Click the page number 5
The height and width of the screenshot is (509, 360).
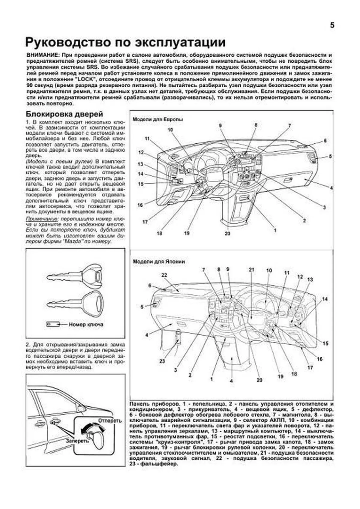pyautogui.click(x=332, y=25)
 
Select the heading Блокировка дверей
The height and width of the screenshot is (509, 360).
pyautogui.click(x=64, y=114)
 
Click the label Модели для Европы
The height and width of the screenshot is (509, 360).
pyautogui.click(x=157, y=119)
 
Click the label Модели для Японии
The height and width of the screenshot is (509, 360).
pyautogui.click(x=158, y=262)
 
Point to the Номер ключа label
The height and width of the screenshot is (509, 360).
pyautogui.click(x=86, y=324)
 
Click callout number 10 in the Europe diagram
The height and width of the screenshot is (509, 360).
pyautogui.click(x=170, y=130)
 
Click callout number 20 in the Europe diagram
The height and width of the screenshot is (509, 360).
pyautogui.click(x=227, y=233)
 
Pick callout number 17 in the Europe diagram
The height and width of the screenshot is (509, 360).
pyautogui.click(x=145, y=222)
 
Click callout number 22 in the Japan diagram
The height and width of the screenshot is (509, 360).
pyautogui.click(x=164, y=275)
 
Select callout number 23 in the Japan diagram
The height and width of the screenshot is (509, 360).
pyautogui.click(x=162, y=361)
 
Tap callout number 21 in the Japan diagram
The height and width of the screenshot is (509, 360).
pyautogui.click(x=251, y=270)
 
